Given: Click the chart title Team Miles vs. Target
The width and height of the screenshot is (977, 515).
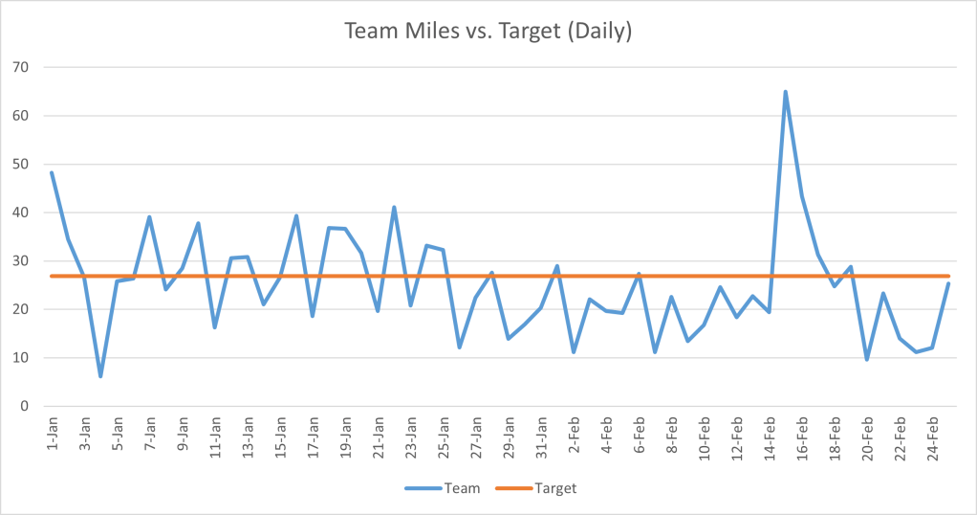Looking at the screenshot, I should point(488,31).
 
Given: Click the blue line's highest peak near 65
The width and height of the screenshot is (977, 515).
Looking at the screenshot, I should point(786,92).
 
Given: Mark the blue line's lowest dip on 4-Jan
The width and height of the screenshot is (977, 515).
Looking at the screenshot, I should point(100,376).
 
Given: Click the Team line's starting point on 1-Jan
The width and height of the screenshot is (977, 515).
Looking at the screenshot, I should point(52,172).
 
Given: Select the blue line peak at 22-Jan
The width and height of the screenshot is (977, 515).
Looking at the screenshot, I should point(394,207).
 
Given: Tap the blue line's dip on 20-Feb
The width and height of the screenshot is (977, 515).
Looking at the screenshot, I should point(867,359).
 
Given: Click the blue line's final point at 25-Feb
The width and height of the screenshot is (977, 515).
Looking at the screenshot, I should point(948,283).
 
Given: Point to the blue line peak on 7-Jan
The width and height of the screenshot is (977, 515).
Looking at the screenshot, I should point(149,217).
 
